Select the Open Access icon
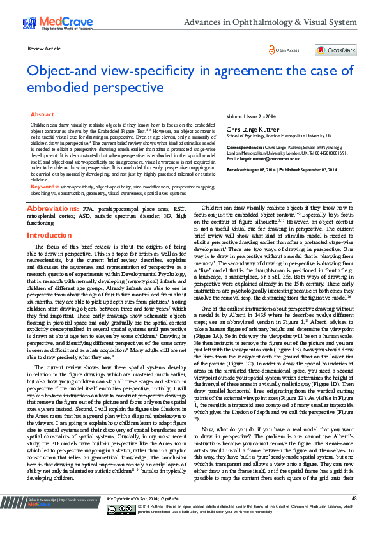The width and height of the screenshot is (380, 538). click(273, 50)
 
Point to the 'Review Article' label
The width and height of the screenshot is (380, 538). click(45, 49)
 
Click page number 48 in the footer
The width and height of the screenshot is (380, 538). click(354, 515)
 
